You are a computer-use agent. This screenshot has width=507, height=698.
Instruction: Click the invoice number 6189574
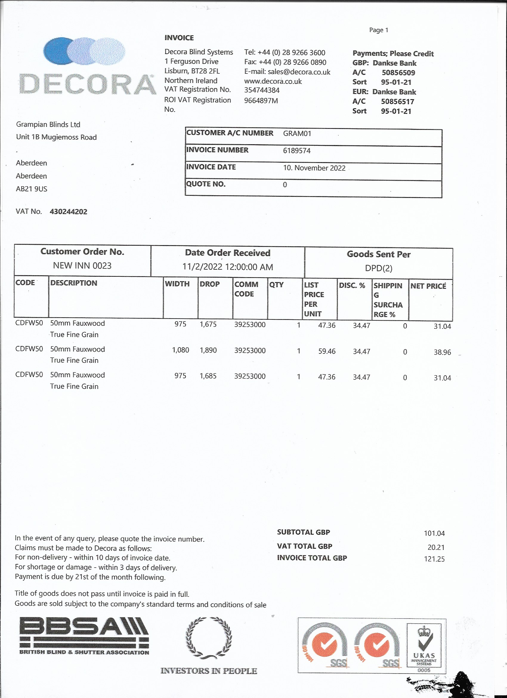tap(297, 151)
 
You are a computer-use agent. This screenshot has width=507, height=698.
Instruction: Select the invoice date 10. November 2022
tap(314, 168)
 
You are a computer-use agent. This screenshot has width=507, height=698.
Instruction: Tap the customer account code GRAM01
tap(297, 133)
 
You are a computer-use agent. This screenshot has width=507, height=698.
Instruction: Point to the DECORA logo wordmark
tap(87, 84)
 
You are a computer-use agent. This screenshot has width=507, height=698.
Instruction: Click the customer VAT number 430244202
tap(68, 212)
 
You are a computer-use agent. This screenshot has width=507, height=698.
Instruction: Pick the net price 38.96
tap(442, 352)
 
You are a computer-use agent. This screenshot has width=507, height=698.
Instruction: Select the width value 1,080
tap(180, 350)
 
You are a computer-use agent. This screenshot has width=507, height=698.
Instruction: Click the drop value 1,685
tap(208, 376)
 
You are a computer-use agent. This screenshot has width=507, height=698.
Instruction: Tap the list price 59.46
tap(327, 351)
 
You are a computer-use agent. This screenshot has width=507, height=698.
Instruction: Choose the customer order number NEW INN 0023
tap(82, 266)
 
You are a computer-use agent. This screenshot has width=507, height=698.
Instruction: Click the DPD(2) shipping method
tap(378, 268)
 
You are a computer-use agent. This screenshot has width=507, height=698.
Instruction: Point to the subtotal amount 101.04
tap(434, 533)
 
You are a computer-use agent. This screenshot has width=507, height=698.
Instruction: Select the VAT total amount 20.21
tap(436, 547)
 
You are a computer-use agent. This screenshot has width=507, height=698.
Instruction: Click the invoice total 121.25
tap(434, 559)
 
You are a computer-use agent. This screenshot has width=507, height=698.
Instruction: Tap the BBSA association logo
tap(84, 636)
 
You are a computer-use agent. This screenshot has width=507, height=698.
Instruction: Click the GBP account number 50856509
tap(398, 73)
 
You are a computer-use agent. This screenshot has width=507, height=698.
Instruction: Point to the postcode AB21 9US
tap(32, 189)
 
